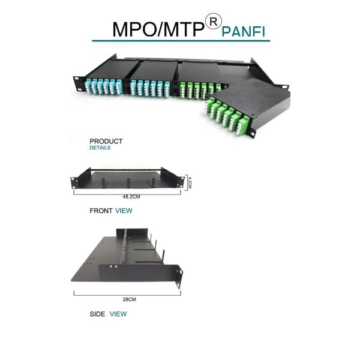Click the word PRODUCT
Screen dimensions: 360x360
(x=106, y=142)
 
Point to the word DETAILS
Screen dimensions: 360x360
(x=100, y=148)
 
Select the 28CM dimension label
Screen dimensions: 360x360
(x=127, y=299)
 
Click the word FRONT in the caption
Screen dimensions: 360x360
(x=101, y=211)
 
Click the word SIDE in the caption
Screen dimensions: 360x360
(x=97, y=314)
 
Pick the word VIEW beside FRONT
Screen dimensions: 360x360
(x=124, y=211)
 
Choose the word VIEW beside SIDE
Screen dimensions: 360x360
(x=118, y=314)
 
